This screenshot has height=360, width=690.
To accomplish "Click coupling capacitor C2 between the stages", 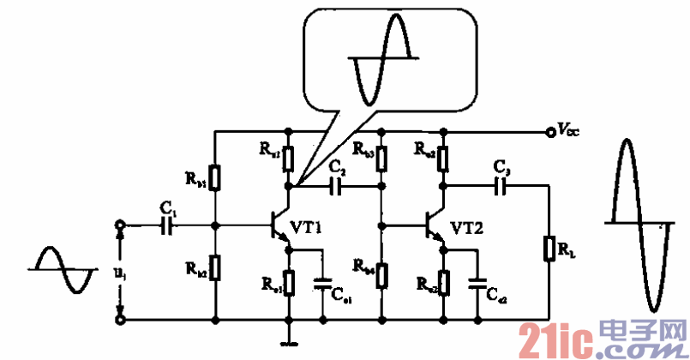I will pos(336,184).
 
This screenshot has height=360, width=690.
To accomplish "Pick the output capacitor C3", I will pos(502,183).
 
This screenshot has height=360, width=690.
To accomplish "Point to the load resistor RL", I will pos(549,249).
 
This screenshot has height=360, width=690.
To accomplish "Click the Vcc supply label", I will pos(567,131).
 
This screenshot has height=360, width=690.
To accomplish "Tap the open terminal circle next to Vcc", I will pos(549,132).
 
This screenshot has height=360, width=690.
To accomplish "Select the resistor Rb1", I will pos(216,178).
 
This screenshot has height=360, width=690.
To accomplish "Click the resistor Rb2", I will pos(216,267).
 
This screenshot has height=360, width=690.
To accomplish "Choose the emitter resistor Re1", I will pos(290,281).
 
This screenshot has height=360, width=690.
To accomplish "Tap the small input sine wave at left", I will pos(61,270).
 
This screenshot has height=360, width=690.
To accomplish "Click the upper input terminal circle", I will pos(120,225).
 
